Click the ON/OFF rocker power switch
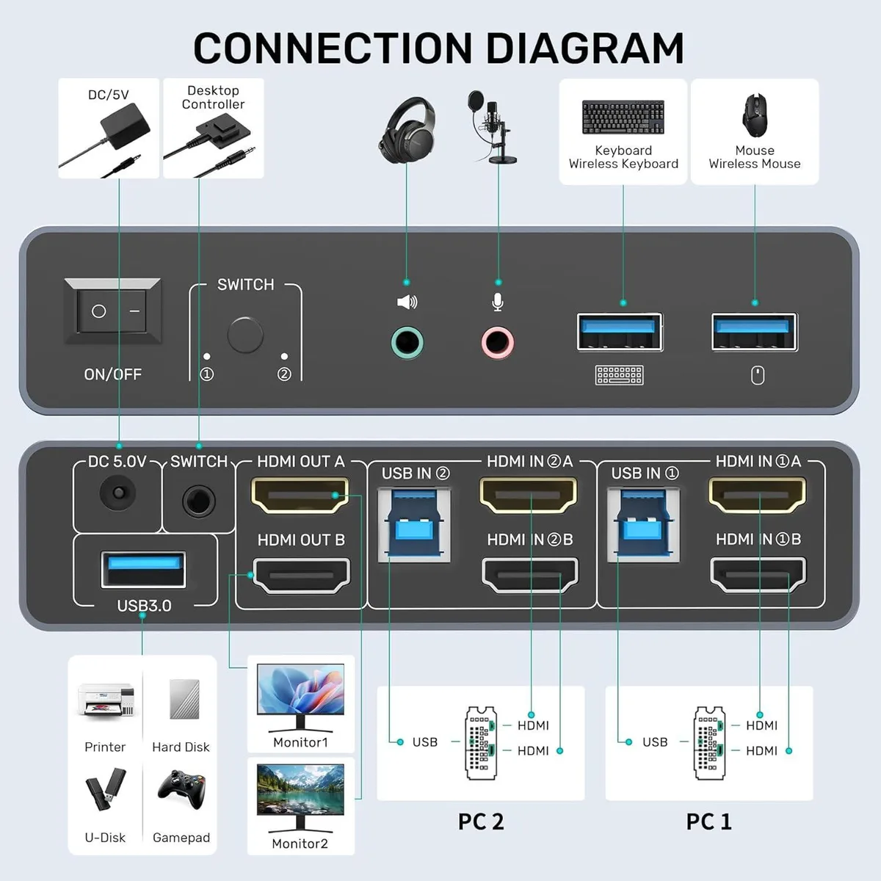[x=112, y=311]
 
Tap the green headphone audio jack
[x=407, y=342]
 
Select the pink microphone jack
[x=498, y=342]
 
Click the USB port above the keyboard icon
[x=620, y=333]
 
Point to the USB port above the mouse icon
[x=755, y=333]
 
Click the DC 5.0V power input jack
[x=118, y=493]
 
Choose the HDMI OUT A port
[x=300, y=496]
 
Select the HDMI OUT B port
[x=301, y=575]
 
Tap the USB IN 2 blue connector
[x=414, y=525]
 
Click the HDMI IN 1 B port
[x=758, y=575]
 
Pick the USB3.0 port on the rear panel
[x=144, y=570]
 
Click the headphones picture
[x=407, y=130]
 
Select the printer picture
[x=106, y=700]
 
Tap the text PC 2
[x=480, y=822]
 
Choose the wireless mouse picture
[x=755, y=115]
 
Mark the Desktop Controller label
[x=213, y=98]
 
